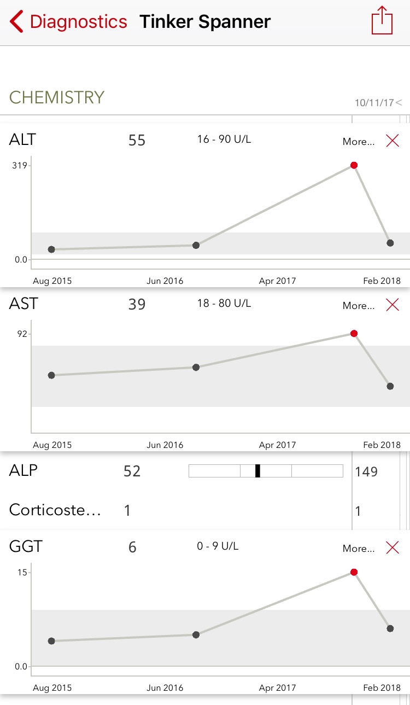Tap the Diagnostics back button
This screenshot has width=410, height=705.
click(68, 22)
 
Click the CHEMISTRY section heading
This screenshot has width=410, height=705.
click(57, 97)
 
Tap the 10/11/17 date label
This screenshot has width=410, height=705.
click(374, 103)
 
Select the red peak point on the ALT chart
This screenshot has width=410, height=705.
click(354, 165)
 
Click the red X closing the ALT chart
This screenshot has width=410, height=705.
click(393, 141)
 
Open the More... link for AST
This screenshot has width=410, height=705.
click(359, 306)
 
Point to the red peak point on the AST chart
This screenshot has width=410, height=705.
click(354, 334)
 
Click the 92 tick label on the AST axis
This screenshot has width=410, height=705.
click(22, 334)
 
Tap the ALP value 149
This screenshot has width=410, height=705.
click(366, 471)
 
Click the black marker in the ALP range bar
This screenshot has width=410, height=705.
click(257, 471)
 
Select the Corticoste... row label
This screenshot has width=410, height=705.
click(55, 510)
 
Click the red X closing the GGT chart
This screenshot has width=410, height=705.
click(393, 547)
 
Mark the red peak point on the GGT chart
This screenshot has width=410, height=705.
click(354, 572)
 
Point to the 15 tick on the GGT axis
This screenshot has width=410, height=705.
click(22, 572)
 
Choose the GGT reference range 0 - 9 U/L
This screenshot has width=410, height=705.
click(218, 546)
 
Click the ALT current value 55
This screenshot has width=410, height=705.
click(137, 141)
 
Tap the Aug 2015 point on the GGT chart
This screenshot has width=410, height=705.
click(51, 641)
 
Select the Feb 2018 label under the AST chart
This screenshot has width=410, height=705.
click(382, 445)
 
